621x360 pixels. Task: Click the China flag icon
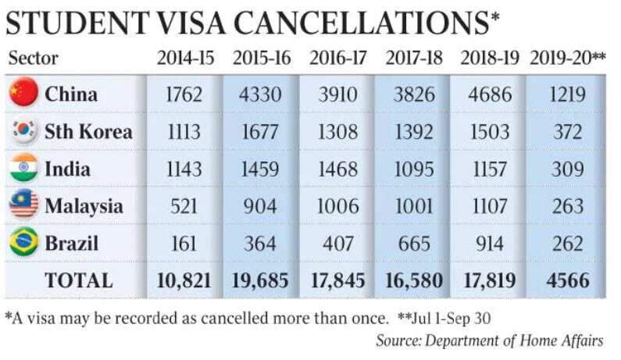pyautogui.click(x=23, y=94)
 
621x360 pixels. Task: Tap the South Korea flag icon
pyautogui.click(x=23, y=131)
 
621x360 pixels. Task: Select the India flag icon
pyautogui.click(x=23, y=169)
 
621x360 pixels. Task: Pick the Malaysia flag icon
pyautogui.click(x=23, y=206)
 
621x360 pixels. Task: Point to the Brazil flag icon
pyautogui.click(x=23, y=243)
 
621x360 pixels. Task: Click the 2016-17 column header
pyautogui.click(x=337, y=58)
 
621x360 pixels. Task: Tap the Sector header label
pyautogui.click(x=33, y=59)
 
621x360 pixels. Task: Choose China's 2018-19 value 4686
pyautogui.click(x=491, y=94)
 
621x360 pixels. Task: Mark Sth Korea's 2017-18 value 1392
pyautogui.click(x=415, y=132)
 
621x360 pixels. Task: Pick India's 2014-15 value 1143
pyautogui.click(x=184, y=169)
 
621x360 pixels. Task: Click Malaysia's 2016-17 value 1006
pyautogui.click(x=337, y=207)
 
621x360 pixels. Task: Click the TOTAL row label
pyautogui.click(x=77, y=280)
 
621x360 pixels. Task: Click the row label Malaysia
pyautogui.click(x=84, y=207)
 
